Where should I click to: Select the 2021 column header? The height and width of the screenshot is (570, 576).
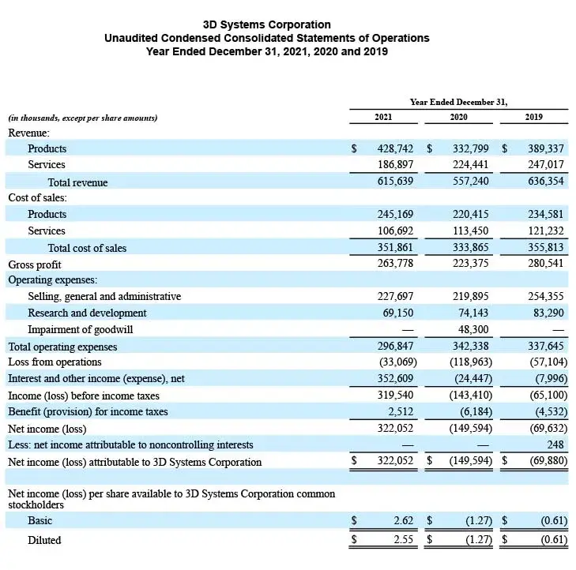coord(383,118)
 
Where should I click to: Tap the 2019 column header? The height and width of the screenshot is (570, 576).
coord(534,118)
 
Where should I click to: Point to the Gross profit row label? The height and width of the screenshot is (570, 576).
coord(34,264)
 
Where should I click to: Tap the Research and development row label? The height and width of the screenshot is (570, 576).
coord(87,313)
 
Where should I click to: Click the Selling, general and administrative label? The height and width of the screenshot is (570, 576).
coord(104,297)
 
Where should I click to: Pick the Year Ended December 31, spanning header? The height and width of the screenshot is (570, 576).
coord(458,102)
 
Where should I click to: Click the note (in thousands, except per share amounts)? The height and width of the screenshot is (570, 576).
coord(83,118)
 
